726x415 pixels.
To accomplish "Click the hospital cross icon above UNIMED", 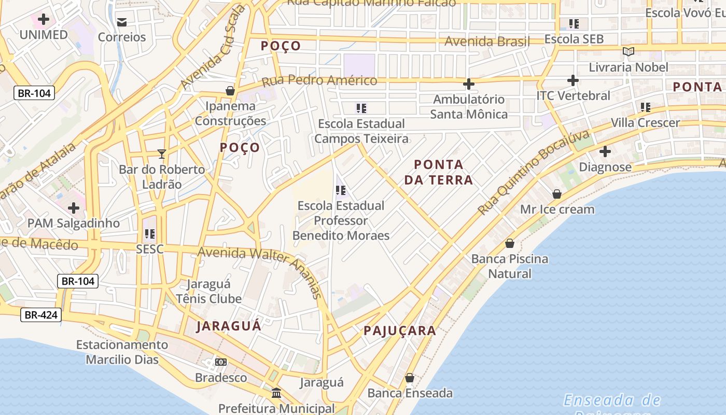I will pos(44,20).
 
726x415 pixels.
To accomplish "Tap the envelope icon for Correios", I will pos(122,22).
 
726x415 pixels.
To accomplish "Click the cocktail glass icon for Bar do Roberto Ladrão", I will pos(162,154).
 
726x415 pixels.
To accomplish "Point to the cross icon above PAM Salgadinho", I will pos(74,208).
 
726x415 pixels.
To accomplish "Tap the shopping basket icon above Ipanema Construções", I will pos(230,91).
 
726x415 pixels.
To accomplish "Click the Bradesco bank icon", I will pos(221,362).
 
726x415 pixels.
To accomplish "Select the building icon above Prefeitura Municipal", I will pos(276,393).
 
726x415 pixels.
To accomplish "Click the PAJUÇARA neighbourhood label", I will pos(399,331).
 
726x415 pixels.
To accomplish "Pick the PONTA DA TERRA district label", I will pos(443,172).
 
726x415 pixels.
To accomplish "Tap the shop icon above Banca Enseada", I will pos(410,378).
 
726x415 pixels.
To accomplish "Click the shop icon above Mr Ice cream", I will pos(557,194).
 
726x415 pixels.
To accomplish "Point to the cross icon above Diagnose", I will pos(605,152).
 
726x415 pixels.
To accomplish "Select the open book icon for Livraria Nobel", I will pos(629,51).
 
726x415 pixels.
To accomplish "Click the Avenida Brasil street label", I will pos(487,41).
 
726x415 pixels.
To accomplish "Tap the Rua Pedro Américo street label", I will pos(319,81).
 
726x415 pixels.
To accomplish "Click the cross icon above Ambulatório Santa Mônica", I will pos(469,84).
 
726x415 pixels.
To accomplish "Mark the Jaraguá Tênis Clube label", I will pos(208,292).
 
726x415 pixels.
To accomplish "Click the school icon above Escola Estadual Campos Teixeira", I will pos(361,108).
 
